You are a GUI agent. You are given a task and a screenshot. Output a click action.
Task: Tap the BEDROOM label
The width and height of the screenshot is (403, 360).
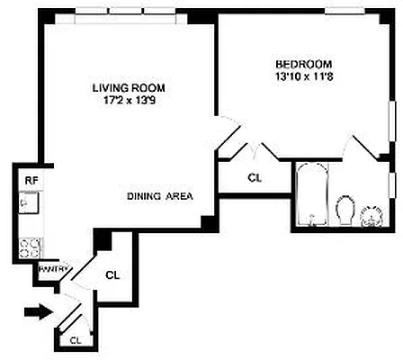pos(303,65)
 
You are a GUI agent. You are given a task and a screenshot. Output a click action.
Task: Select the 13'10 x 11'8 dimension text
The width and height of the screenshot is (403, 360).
pos(303,77)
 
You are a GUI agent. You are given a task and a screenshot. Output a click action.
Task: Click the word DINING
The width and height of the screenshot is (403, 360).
pos(144,196)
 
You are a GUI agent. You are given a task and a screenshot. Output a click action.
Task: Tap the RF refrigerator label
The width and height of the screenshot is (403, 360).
pos(29,179)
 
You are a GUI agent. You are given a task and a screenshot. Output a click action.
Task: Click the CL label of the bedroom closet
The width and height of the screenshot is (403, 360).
pos(255,178)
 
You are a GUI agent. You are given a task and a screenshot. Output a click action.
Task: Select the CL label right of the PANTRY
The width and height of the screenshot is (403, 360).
pos(112,274)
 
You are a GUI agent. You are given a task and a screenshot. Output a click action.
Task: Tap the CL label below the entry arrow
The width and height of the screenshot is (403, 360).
pos(76,340)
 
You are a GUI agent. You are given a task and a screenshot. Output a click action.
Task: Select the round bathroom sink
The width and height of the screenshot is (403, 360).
pos(371,216)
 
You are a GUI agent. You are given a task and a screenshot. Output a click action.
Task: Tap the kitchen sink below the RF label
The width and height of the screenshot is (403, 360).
pos(27,203)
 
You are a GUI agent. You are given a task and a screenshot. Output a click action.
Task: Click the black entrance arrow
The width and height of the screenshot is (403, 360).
pos(37,312)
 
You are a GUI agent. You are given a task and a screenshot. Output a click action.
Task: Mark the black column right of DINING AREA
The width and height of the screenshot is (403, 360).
pos(210,221)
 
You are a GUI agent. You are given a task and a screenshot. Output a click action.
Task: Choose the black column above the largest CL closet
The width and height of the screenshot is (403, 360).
pos(103,238)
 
